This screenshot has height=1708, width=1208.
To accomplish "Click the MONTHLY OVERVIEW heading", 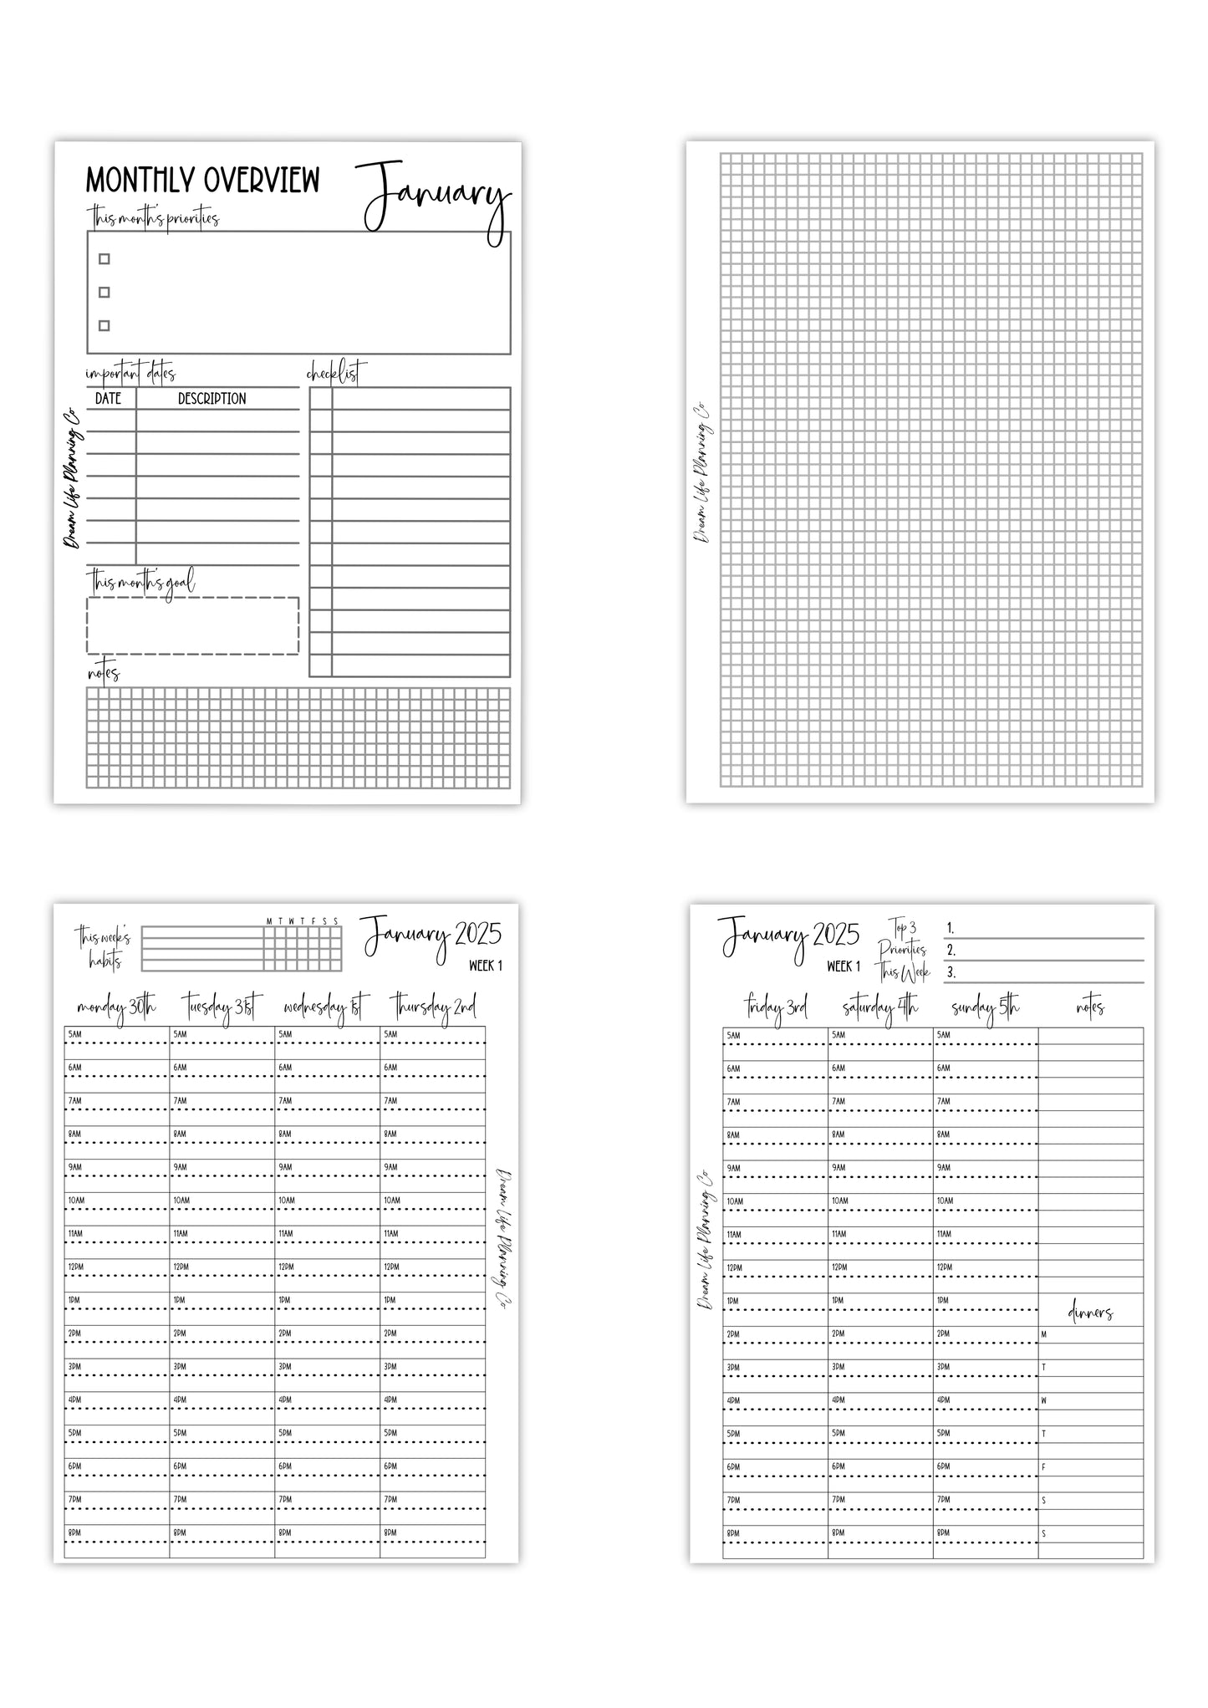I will point(202,181).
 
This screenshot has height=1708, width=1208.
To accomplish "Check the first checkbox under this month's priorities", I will point(104,259).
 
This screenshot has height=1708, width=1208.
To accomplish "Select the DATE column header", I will point(109,399).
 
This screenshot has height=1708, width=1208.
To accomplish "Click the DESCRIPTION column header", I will point(212,399).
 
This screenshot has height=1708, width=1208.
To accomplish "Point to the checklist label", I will point(336,372).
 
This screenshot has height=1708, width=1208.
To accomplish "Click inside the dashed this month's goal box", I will point(192,625).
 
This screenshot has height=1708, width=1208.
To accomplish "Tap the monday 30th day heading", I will point(116,1008).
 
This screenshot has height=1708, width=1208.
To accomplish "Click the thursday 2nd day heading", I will point(432,1008).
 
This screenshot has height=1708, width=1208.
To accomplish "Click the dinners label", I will point(1090,1313).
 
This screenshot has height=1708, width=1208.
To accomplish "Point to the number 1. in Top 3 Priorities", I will point(951,929).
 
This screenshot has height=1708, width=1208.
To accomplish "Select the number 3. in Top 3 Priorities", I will point(951,972).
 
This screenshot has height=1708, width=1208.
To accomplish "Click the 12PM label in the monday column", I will point(76,1267).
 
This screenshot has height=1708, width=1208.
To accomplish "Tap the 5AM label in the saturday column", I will point(838,1035).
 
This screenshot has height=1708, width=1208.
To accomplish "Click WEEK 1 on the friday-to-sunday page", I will point(844,966).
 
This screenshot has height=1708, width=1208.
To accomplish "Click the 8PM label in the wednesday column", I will point(286,1532).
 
